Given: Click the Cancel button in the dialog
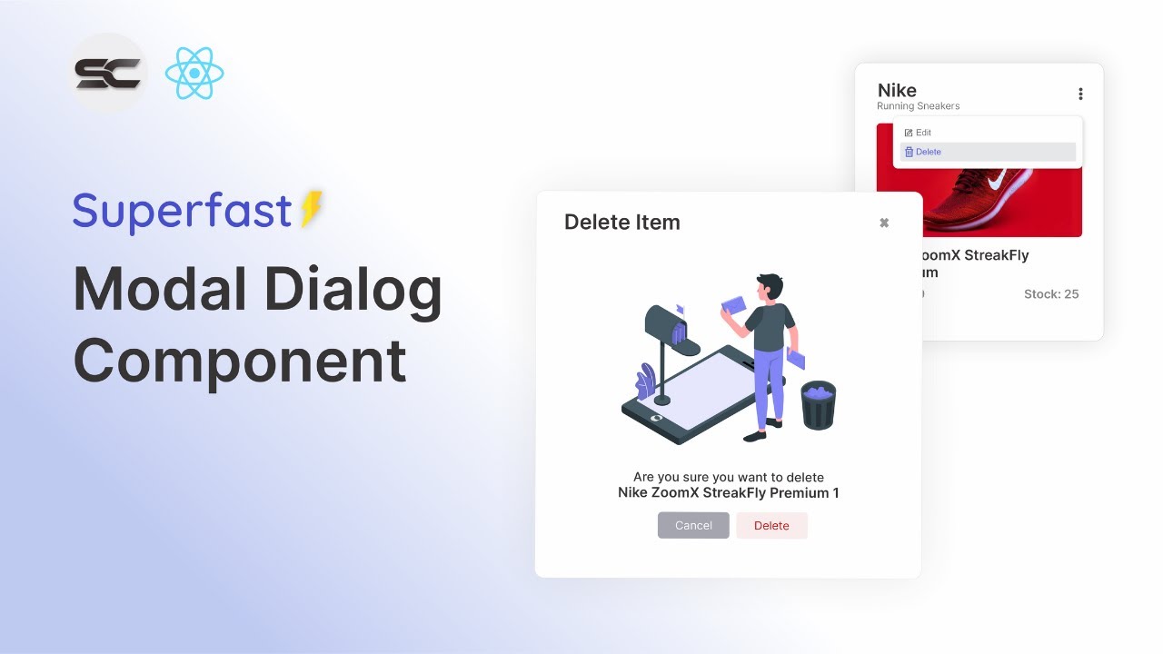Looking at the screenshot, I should (693, 525).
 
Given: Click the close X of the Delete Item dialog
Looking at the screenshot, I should (884, 223).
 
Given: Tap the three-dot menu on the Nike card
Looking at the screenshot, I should (1080, 94).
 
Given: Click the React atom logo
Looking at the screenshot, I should (194, 74).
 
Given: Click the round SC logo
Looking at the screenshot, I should (108, 73).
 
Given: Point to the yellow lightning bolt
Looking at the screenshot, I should (312, 209).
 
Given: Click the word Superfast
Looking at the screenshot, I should (182, 211).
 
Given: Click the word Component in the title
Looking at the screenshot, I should (239, 361).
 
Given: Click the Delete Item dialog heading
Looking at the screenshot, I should (621, 223).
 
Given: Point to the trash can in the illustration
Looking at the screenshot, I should (819, 405).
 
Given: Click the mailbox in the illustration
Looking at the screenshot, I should (671, 327).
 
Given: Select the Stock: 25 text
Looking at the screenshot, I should (1051, 294).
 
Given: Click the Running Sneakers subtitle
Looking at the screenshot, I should (918, 106).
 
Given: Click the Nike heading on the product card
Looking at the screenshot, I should (897, 90).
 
